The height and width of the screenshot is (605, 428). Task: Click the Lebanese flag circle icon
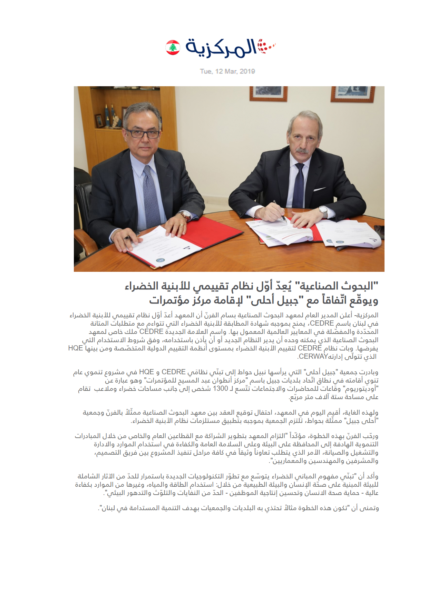[x=173, y=48]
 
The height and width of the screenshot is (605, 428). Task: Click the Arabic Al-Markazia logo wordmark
[x=221, y=48]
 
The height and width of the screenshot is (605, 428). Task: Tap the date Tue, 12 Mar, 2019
[x=227, y=71]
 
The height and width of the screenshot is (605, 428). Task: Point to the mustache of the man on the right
[x=303, y=150]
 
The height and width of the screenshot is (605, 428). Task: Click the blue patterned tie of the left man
[x=151, y=197]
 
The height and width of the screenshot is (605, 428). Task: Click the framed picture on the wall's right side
[x=348, y=94]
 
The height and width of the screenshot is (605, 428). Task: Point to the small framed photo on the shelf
[x=99, y=120]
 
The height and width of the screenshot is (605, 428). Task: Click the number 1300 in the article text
[x=221, y=389]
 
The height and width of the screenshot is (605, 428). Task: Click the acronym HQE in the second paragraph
[x=146, y=372]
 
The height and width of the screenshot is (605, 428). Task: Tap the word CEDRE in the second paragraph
[x=174, y=372]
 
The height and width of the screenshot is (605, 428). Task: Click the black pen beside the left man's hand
[x=128, y=238]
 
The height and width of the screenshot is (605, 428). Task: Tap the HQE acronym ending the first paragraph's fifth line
[x=76, y=348]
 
